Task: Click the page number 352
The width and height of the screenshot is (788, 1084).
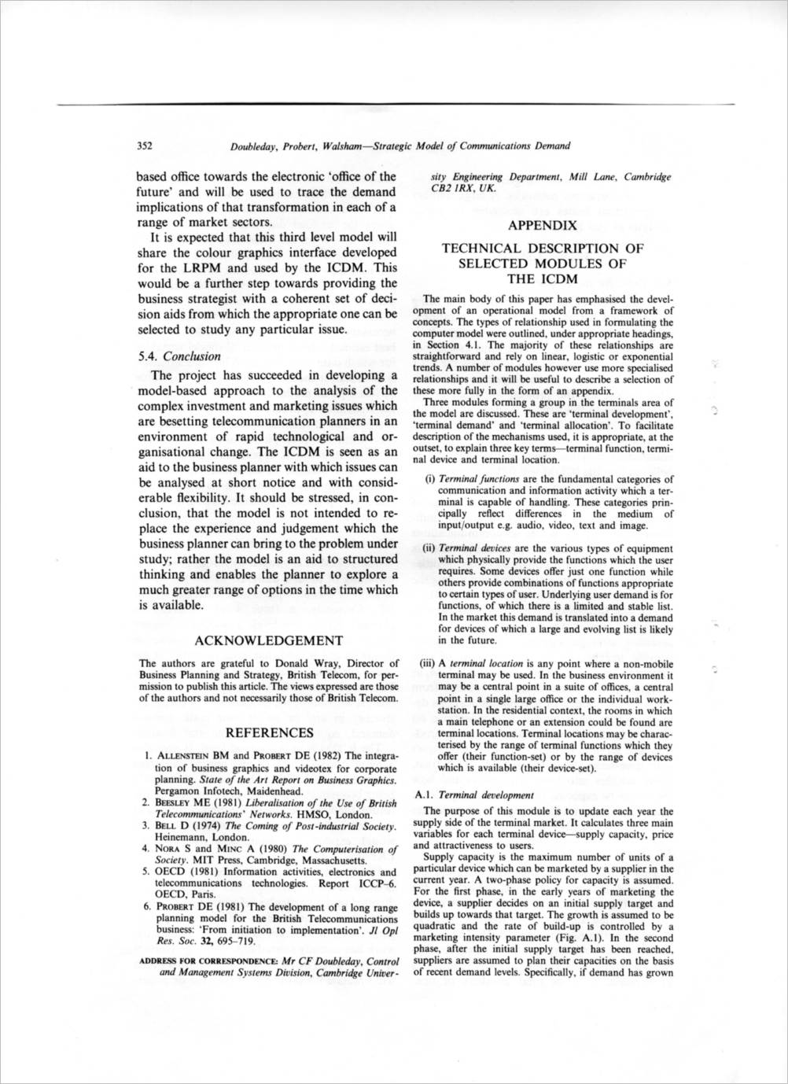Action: pos(145,146)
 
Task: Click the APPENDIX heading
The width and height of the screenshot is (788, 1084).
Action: pos(543,225)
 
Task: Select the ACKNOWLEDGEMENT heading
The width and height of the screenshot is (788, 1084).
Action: pos(268,641)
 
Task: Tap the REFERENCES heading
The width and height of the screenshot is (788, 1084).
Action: pos(269,733)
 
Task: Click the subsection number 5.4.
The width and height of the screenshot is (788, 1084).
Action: pos(148,356)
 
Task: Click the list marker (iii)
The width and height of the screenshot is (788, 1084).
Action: pos(427,663)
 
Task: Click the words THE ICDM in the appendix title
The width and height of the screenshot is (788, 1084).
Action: pos(543,278)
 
